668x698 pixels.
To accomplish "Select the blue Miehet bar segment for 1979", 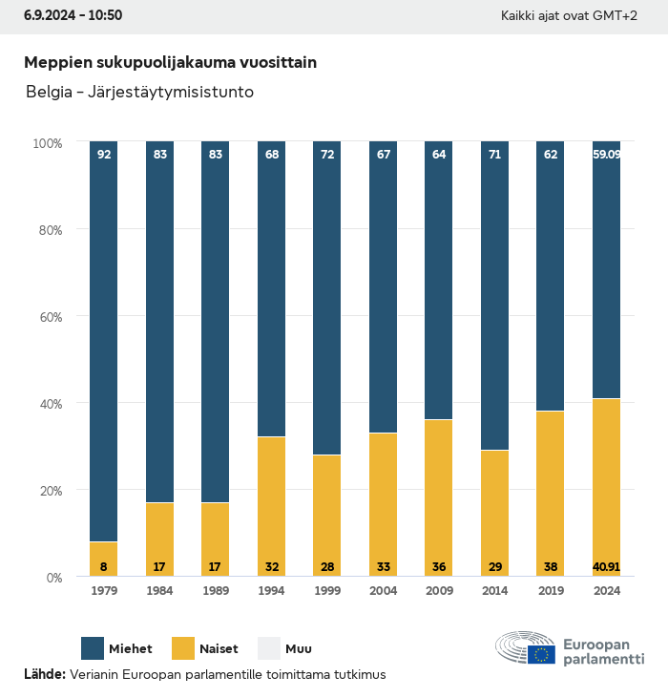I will (104, 344).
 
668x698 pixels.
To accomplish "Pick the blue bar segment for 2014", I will (494, 296).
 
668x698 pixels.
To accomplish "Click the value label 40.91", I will (606, 567).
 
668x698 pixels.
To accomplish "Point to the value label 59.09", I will (606, 154).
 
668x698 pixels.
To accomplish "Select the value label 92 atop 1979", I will (104, 154).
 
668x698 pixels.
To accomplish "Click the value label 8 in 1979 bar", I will (104, 567).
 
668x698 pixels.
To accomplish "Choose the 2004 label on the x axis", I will (383, 591).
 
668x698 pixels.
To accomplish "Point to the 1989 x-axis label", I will (216, 591).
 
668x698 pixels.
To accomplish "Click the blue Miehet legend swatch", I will (94, 648).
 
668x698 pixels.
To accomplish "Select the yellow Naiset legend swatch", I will (183, 648).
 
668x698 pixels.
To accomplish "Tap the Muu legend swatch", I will (269, 648).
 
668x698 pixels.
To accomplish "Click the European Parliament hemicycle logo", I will (525, 648).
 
